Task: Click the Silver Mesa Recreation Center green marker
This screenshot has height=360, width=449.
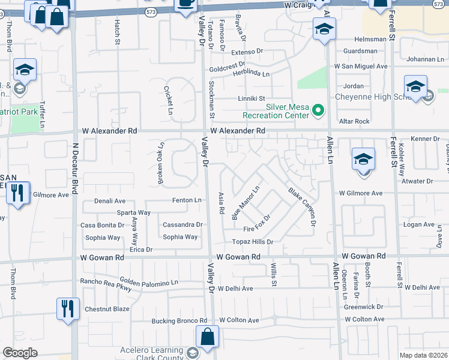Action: (x=318, y=110)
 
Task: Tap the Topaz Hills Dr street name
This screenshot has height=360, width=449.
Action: (x=253, y=242)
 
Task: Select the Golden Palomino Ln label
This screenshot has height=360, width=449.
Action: (x=149, y=281)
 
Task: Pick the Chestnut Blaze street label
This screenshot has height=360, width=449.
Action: (x=107, y=309)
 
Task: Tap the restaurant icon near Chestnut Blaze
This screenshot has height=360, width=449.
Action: (x=67, y=308)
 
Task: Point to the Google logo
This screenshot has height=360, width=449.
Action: (x=20, y=353)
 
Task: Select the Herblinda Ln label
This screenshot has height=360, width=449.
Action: (x=252, y=72)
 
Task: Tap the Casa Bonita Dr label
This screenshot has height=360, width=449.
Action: (x=102, y=225)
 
